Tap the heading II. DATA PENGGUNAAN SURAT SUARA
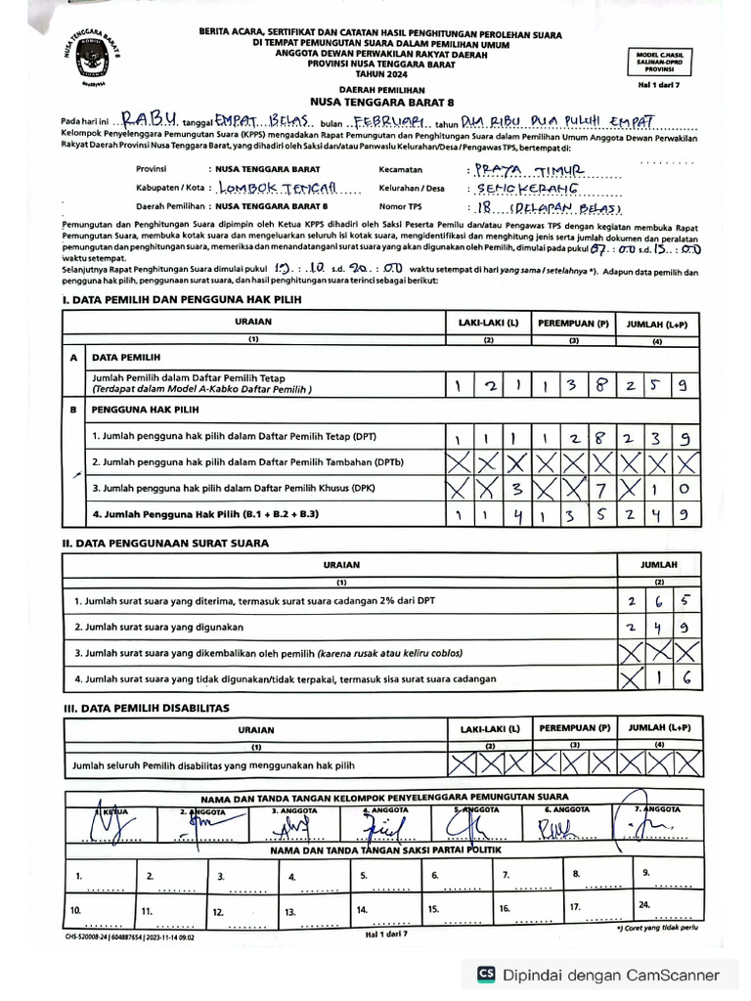click(x=165, y=543)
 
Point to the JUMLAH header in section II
click(x=659, y=564)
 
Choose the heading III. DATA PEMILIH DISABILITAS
click(x=146, y=706)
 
